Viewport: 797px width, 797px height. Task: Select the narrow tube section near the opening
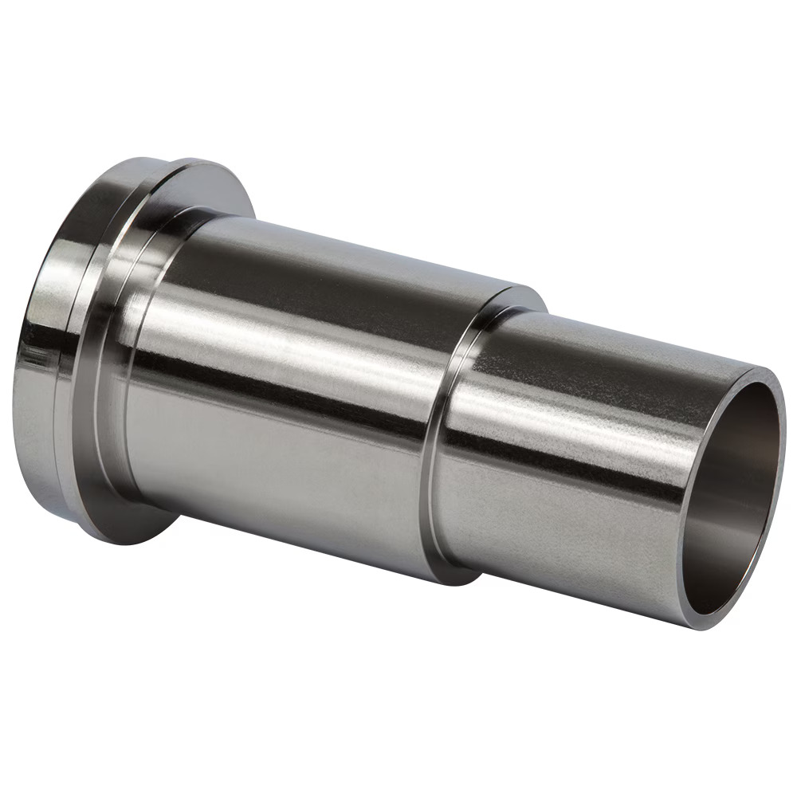(x=574, y=446)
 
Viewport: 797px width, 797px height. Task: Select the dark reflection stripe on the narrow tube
(x=574, y=462)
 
